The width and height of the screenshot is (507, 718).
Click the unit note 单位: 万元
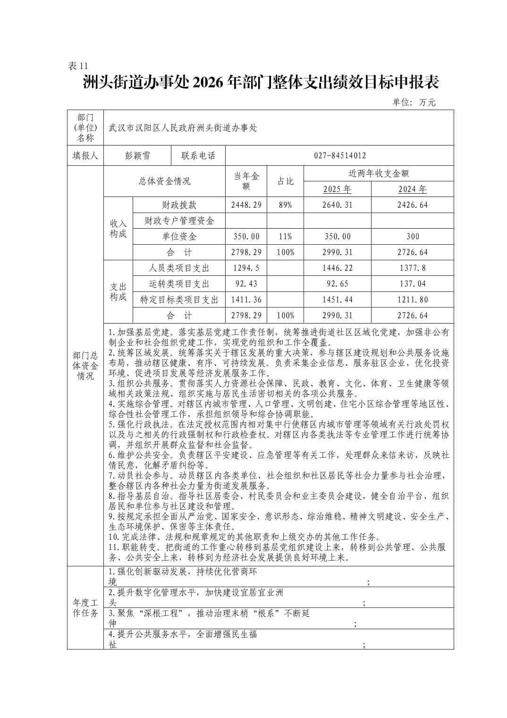(414, 102)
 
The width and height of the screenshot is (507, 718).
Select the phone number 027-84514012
(339, 156)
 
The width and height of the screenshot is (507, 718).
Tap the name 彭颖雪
(137, 156)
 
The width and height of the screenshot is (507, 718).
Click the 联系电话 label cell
(198, 156)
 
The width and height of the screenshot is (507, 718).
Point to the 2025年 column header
(337, 189)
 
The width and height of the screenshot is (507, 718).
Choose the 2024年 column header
(412, 189)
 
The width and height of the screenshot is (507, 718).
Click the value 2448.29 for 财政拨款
(246, 205)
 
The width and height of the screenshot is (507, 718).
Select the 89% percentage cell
(285, 205)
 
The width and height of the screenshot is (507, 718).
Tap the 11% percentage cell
(285, 237)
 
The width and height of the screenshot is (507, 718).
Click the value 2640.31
(337, 205)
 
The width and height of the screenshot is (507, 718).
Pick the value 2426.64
(412, 205)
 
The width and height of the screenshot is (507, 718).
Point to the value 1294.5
(246, 268)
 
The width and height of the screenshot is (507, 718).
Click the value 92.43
(246, 284)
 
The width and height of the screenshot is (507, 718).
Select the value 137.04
(412, 284)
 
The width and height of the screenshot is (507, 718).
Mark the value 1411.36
(246, 299)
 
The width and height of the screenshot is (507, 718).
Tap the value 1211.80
(412, 299)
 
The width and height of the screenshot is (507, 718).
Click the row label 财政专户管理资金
(179, 221)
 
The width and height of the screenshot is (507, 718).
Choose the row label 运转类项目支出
(179, 284)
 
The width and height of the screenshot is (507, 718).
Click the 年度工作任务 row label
(85, 608)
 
